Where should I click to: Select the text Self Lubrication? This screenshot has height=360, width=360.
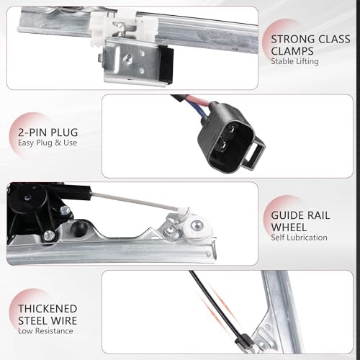300,237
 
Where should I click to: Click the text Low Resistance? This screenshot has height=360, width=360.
45,333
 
